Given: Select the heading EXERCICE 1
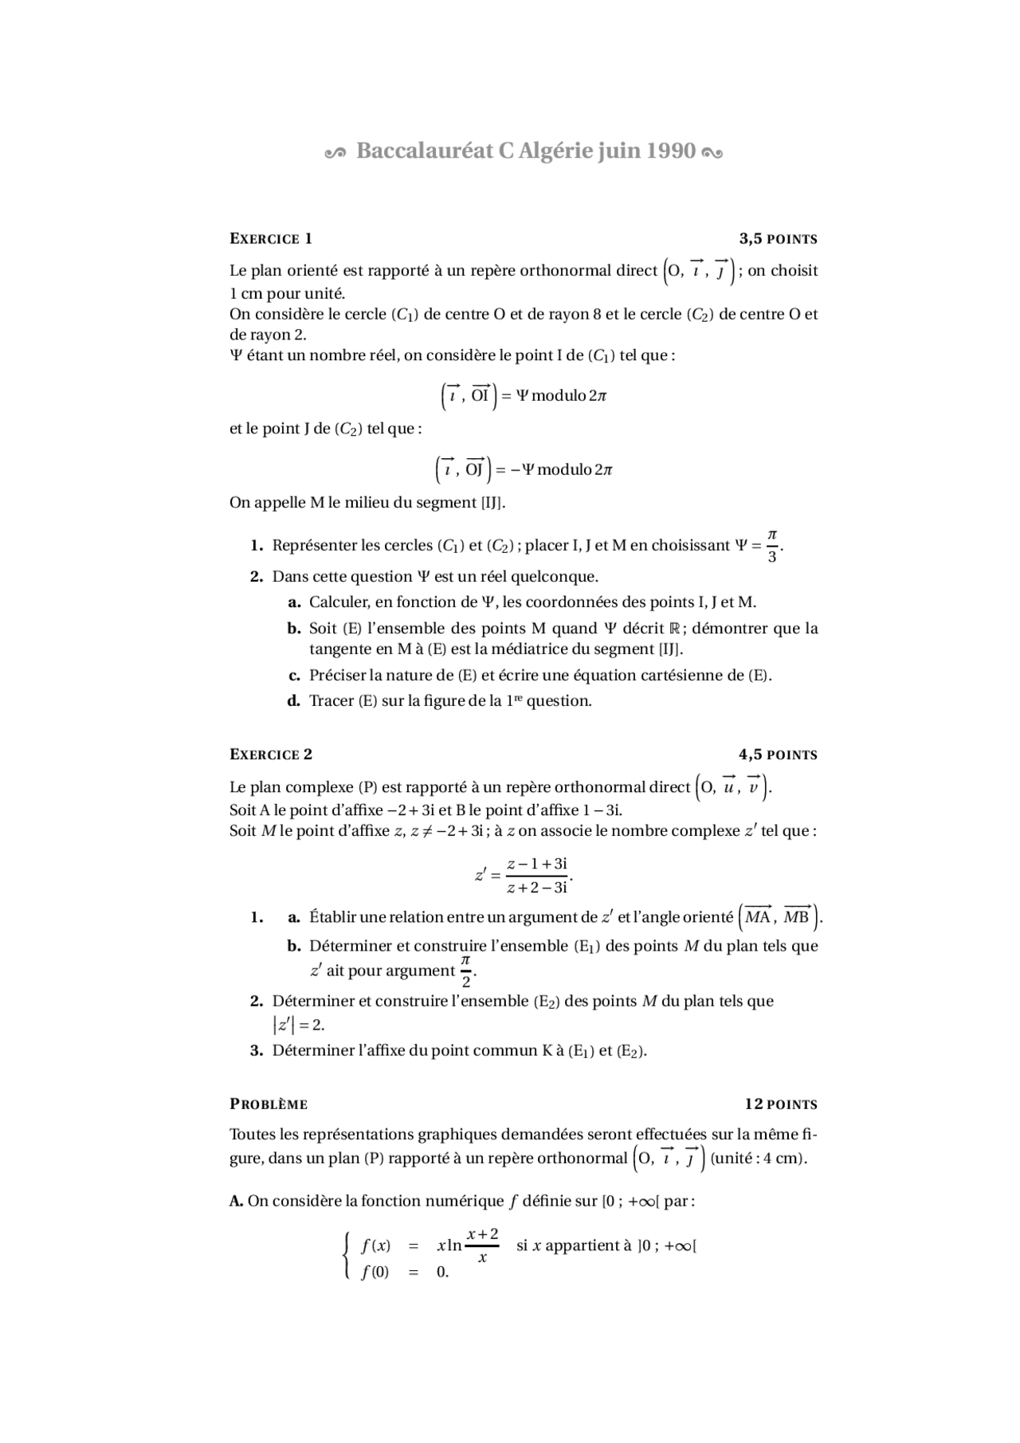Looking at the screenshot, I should click(x=271, y=239).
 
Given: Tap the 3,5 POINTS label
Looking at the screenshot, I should click(x=778, y=239).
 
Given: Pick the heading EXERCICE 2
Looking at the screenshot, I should click(x=271, y=755).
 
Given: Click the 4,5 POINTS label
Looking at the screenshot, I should click(x=778, y=755).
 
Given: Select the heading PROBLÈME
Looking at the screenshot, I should click(x=269, y=1104).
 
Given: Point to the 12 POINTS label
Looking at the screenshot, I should click(x=781, y=1104).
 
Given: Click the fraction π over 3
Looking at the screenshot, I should click(x=771, y=546).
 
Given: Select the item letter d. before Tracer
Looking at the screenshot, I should click(x=293, y=701).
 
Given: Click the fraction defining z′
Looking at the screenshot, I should click(x=537, y=876).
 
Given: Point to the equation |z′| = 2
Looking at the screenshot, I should click(x=298, y=1025).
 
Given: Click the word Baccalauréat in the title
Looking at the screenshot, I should click(x=425, y=151).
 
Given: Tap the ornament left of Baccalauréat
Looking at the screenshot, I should click(x=335, y=152).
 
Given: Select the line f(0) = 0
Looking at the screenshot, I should click(x=405, y=1272).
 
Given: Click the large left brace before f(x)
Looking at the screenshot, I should click(x=347, y=1257).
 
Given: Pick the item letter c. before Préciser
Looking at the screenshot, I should click(x=293, y=676).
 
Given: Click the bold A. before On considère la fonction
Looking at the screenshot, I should click(x=236, y=1201).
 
